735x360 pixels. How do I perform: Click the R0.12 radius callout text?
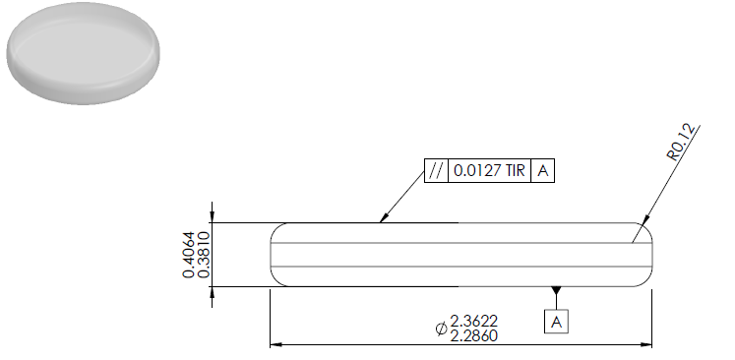pyautogui.click(x=681, y=143)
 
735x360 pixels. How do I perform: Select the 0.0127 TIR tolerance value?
pyautogui.click(x=489, y=170)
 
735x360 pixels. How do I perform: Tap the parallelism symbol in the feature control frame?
pyautogui.click(x=436, y=170)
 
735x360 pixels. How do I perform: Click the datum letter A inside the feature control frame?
pyautogui.click(x=542, y=170)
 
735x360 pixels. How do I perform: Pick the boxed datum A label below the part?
pyautogui.click(x=556, y=322)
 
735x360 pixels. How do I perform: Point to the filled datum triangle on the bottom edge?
pyautogui.click(x=556, y=290)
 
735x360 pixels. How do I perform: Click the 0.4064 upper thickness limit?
pyautogui.click(x=189, y=255)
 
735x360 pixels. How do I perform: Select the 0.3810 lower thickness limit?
pyautogui.click(x=203, y=255)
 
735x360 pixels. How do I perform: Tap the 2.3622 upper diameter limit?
pyautogui.click(x=474, y=321)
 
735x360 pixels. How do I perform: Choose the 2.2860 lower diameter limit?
pyautogui.click(x=474, y=335)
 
